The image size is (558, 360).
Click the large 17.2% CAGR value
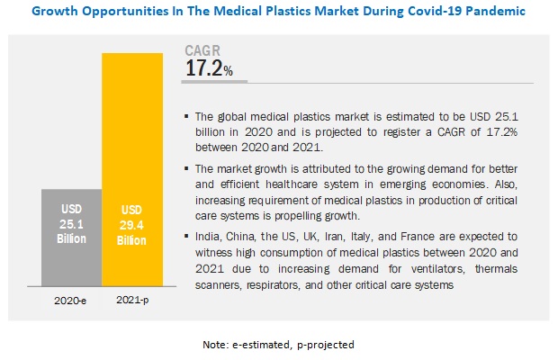(x=209, y=68)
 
